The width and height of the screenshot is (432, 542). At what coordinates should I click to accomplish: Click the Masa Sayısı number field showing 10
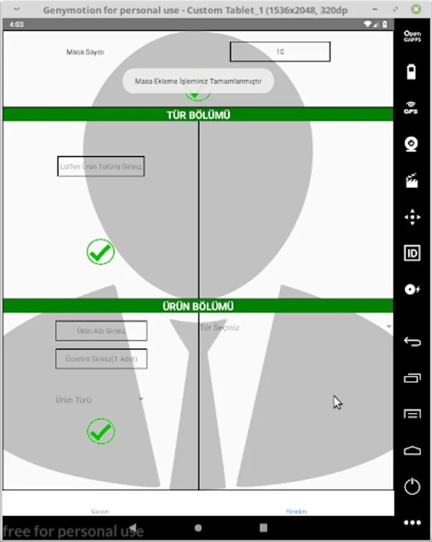[x=280, y=52]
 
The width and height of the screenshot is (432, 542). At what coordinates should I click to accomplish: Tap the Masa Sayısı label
[x=86, y=52]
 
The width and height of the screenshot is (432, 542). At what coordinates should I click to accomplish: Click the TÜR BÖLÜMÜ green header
[x=198, y=115]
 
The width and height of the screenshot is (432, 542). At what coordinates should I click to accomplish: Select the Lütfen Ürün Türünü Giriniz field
[x=101, y=166]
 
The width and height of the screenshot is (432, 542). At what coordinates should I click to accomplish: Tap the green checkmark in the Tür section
[x=101, y=252]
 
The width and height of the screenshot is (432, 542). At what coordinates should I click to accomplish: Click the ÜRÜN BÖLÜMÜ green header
[x=198, y=306]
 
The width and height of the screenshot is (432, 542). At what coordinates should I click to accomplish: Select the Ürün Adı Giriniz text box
[x=101, y=331]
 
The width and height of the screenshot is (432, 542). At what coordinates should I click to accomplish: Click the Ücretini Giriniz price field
[x=101, y=359]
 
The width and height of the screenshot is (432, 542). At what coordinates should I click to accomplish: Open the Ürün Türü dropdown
[x=99, y=399]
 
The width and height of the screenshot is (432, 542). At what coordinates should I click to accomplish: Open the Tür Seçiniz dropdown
[x=295, y=327]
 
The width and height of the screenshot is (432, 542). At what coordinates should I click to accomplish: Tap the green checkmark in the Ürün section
[x=101, y=431]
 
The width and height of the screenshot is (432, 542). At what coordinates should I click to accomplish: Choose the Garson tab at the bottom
[x=100, y=511]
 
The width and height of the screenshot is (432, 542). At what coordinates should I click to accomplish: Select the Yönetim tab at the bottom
[x=296, y=511]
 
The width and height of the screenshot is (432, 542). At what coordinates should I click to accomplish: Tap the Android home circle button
[x=198, y=528]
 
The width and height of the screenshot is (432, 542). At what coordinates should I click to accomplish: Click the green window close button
[x=416, y=10]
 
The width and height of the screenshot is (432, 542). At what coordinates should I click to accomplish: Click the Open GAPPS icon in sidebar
[x=412, y=36]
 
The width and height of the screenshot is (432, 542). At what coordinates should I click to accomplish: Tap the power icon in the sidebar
[x=412, y=486]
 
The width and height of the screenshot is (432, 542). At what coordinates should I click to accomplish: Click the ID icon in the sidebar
[x=412, y=253]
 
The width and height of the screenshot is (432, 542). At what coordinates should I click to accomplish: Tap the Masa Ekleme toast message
[x=198, y=81]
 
